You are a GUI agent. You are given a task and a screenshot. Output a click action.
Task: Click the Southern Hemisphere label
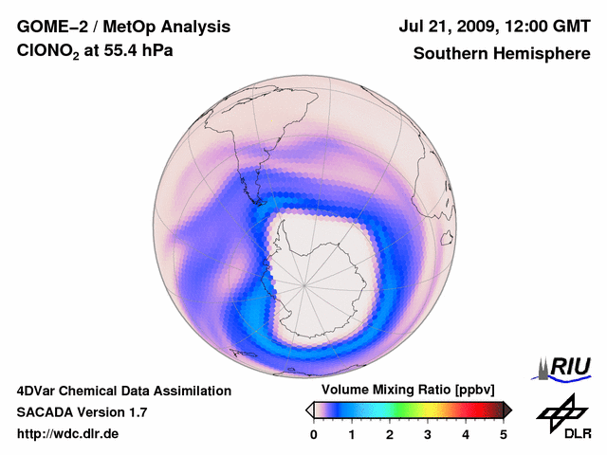[x=502, y=54]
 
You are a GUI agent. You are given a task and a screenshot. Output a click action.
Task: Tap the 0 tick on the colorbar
[x=314, y=434]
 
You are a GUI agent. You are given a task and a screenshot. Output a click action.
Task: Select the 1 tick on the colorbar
[x=352, y=434]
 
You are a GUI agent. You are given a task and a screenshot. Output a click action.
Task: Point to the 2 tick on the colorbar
[x=390, y=434]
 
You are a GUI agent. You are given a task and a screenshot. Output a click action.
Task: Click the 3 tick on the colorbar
[x=428, y=434]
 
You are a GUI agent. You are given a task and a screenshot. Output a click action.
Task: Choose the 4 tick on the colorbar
[x=466, y=434]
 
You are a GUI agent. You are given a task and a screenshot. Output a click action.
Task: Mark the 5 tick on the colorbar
[x=504, y=434]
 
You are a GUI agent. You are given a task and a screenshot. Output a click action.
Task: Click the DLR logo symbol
[x=562, y=412]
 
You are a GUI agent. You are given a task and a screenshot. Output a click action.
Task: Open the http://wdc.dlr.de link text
[x=67, y=434]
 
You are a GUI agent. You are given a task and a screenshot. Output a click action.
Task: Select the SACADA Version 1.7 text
[x=82, y=412]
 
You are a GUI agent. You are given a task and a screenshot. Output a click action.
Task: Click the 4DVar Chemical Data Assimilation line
[x=123, y=391]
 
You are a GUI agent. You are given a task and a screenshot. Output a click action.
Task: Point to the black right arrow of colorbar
[x=507, y=409]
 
